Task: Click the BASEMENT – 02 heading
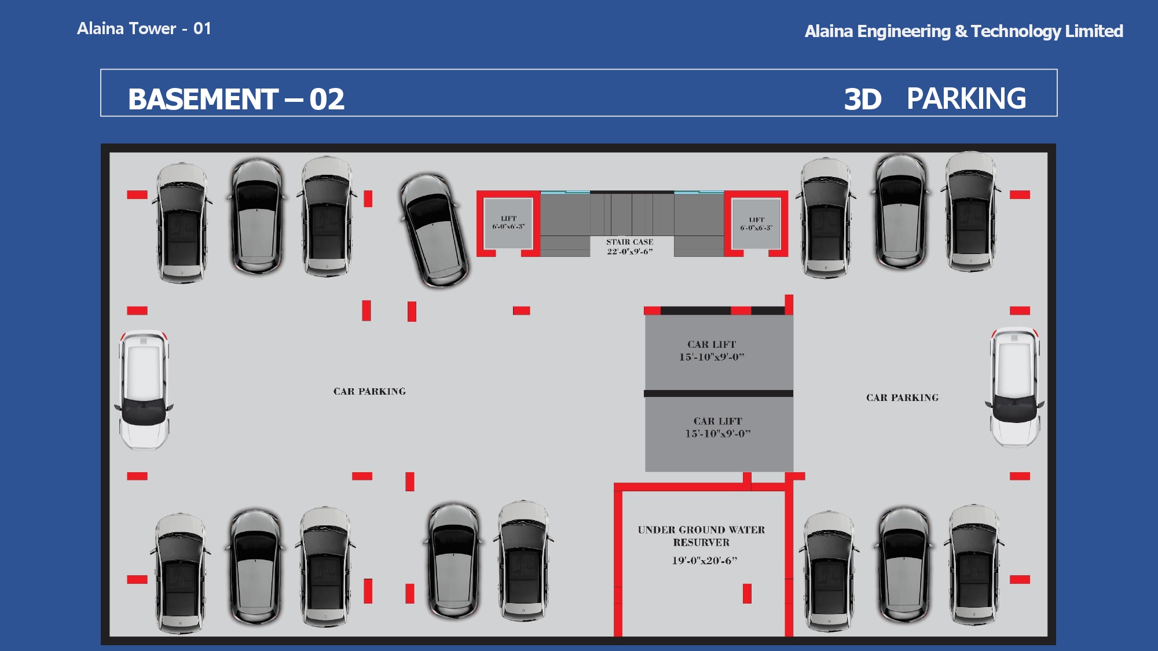point(236,99)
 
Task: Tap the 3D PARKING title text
point(935,99)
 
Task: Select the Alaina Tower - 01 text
point(144,28)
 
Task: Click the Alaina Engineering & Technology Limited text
point(963,31)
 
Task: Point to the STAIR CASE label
point(629,242)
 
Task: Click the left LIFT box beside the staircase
point(508,223)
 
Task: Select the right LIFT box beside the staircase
point(756,223)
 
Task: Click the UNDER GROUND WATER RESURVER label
point(701,536)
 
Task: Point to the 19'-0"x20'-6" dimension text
point(705,560)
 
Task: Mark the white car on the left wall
point(144,389)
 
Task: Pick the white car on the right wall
point(1015,387)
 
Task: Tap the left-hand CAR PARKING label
point(369,391)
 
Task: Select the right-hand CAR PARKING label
point(902,398)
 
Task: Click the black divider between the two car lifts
point(719,393)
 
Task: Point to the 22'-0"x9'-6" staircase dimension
point(629,252)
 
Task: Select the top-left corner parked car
point(182,223)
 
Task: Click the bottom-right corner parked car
point(974,564)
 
